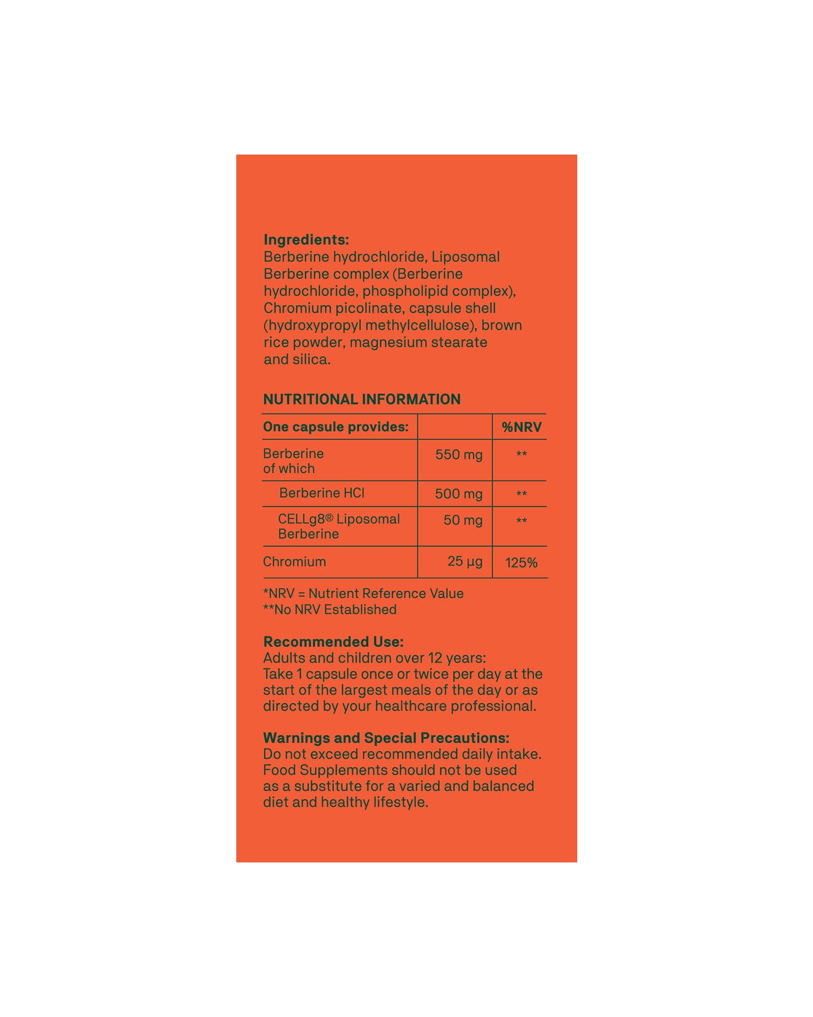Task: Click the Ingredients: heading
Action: tap(306, 240)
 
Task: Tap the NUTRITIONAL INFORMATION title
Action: tap(361, 399)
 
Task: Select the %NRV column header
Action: tap(521, 427)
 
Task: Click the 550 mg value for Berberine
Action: tap(458, 455)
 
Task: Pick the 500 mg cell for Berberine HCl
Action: tap(458, 494)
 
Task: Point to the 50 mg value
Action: tap(462, 520)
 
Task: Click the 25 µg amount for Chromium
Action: tap(464, 561)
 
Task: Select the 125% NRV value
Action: tap(521, 563)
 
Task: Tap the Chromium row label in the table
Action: tap(294, 562)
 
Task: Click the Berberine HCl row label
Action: tap(322, 493)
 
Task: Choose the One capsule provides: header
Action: tap(335, 427)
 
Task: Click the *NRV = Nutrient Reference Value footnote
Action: tap(363, 593)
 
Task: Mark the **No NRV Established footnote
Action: tap(330, 610)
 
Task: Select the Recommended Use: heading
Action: tap(333, 642)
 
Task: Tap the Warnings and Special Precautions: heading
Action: tap(386, 738)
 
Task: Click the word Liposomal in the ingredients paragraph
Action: tap(465, 257)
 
